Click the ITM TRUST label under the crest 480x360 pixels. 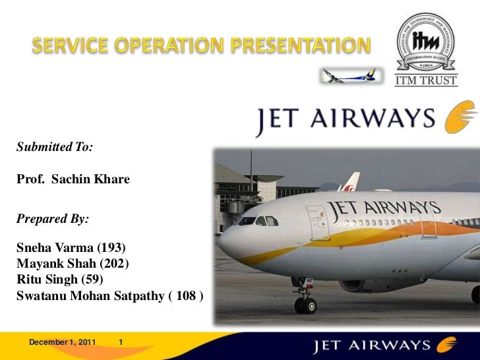[x=425, y=81]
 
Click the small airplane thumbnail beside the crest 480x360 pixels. [x=349, y=75]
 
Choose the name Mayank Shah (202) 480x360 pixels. [x=69, y=264]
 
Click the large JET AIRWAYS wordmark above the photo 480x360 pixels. [x=345, y=120]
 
